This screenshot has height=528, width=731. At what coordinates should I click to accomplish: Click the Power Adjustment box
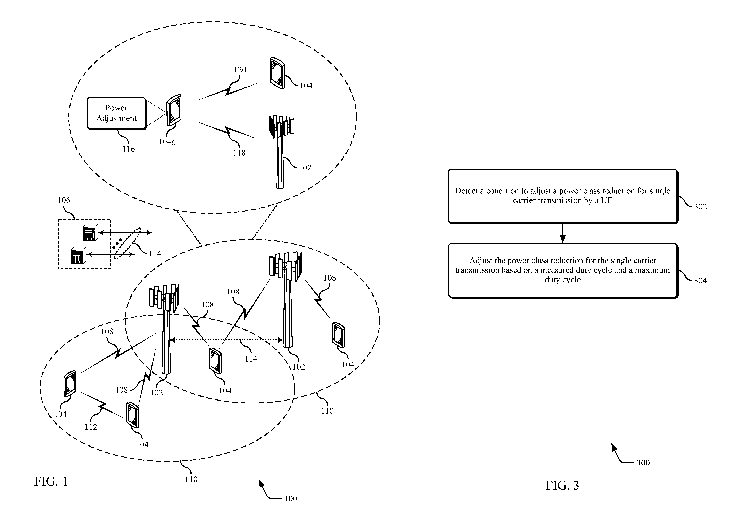tap(117, 114)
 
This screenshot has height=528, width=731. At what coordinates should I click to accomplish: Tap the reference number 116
tap(128, 149)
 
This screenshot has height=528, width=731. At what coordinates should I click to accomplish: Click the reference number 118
tap(239, 153)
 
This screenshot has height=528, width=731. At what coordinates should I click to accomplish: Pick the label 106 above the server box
tap(64, 200)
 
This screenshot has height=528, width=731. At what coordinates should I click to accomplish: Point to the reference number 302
tap(700, 207)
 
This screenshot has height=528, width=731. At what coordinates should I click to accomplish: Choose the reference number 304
tap(700, 281)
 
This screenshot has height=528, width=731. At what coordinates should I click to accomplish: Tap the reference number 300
tap(643, 463)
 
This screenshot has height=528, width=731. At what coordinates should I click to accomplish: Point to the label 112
tap(91, 427)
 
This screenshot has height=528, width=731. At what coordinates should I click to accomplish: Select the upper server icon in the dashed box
tap(91, 232)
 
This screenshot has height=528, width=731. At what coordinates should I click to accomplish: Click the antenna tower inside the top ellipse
tap(281, 152)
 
